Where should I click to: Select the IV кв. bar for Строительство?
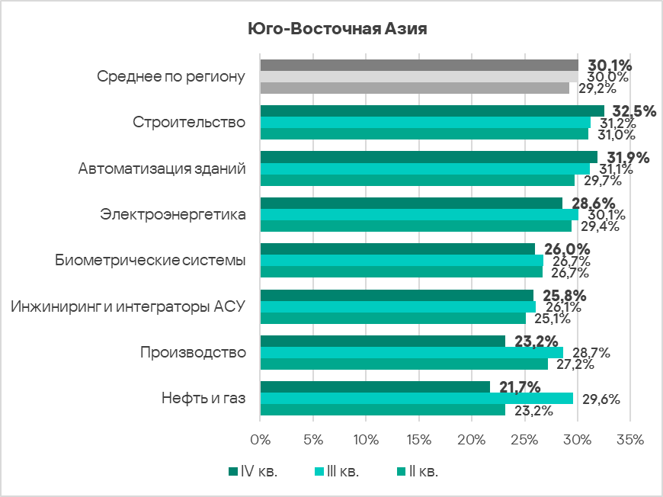[x=431, y=111]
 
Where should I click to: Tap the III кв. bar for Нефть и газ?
[x=416, y=399]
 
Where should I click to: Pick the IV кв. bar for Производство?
[x=383, y=341]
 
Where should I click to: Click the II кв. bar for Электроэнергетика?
[x=415, y=226]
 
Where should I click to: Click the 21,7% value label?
[x=520, y=387]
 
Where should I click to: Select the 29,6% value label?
[x=600, y=399]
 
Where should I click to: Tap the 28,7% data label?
[x=590, y=353]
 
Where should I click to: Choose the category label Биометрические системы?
[x=150, y=261]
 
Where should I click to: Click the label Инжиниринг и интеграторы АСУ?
[x=127, y=306]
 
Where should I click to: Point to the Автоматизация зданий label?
[x=162, y=168]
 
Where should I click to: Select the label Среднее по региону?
[x=171, y=77]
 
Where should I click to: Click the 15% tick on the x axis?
[x=419, y=441]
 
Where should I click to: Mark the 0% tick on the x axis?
[x=261, y=441]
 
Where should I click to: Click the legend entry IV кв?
[x=252, y=472]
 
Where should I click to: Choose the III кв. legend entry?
[x=336, y=472]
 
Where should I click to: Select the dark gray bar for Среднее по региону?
[x=419, y=65]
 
